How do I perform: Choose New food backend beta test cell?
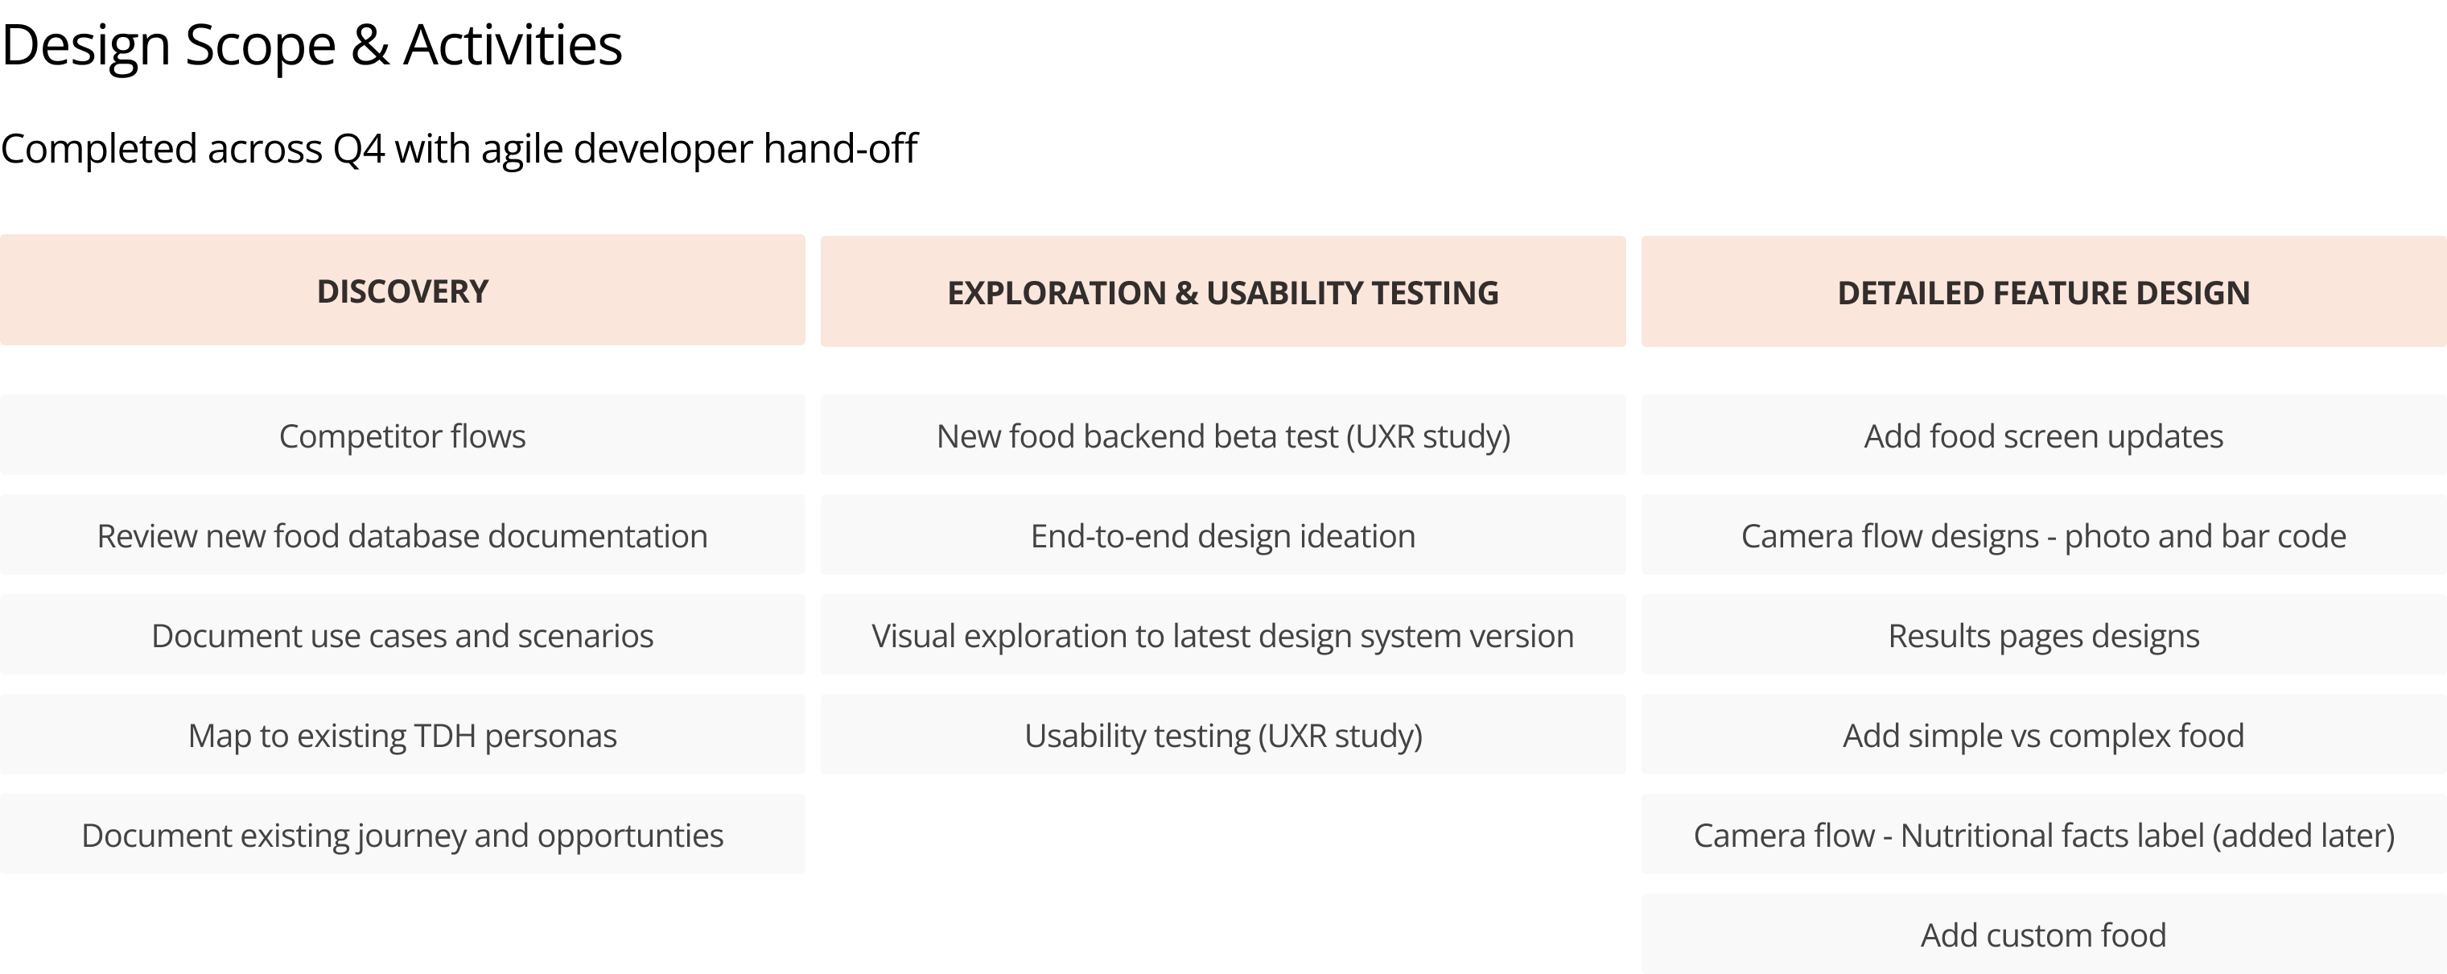point(1222,436)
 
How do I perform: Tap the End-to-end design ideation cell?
point(1222,536)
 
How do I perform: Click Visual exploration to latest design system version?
point(1222,636)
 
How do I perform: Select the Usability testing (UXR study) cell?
point(1222,736)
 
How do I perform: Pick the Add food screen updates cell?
point(2043,436)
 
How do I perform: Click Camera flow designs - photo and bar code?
point(2043,536)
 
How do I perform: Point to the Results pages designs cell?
point(2043,636)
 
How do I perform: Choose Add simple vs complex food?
point(2043,736)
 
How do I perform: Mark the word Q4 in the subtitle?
point(358,149)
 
